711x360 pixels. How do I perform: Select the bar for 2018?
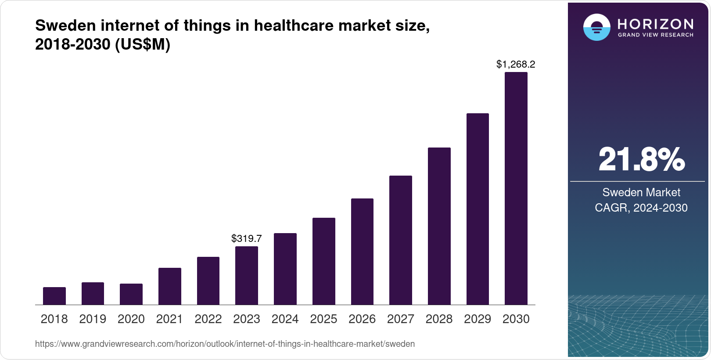[x=54, y=296]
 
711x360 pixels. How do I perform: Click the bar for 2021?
[x=170, y=286]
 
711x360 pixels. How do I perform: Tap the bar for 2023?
[x=247, y=276]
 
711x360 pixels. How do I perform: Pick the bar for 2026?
[x=362, y=252]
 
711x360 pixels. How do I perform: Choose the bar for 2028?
[x=439, y=226]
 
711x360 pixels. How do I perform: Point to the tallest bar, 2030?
[x=516, y=189]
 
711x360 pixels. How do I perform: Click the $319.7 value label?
[x=247, y=238]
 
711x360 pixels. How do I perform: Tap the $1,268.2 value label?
[x=516, y=65]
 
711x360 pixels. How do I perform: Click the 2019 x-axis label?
[x=93, y=319]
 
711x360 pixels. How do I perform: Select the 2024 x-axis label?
[x=285, y=319]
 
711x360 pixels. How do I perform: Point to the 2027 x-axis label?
[x=401, y=319]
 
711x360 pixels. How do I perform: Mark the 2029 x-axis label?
[x=478, y=319]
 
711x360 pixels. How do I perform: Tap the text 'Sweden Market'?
[x=641, y=192]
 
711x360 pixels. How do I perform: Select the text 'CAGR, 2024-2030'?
[x=641, y=208]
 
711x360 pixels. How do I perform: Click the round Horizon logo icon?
[x=596, y=27]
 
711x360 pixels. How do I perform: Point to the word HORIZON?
[x=656, y=24]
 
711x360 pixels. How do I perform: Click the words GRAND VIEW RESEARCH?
[x=656, y=35]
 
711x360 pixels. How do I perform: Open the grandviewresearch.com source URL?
[x=225, y=344]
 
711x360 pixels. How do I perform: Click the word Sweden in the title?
[x=66, y=26]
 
